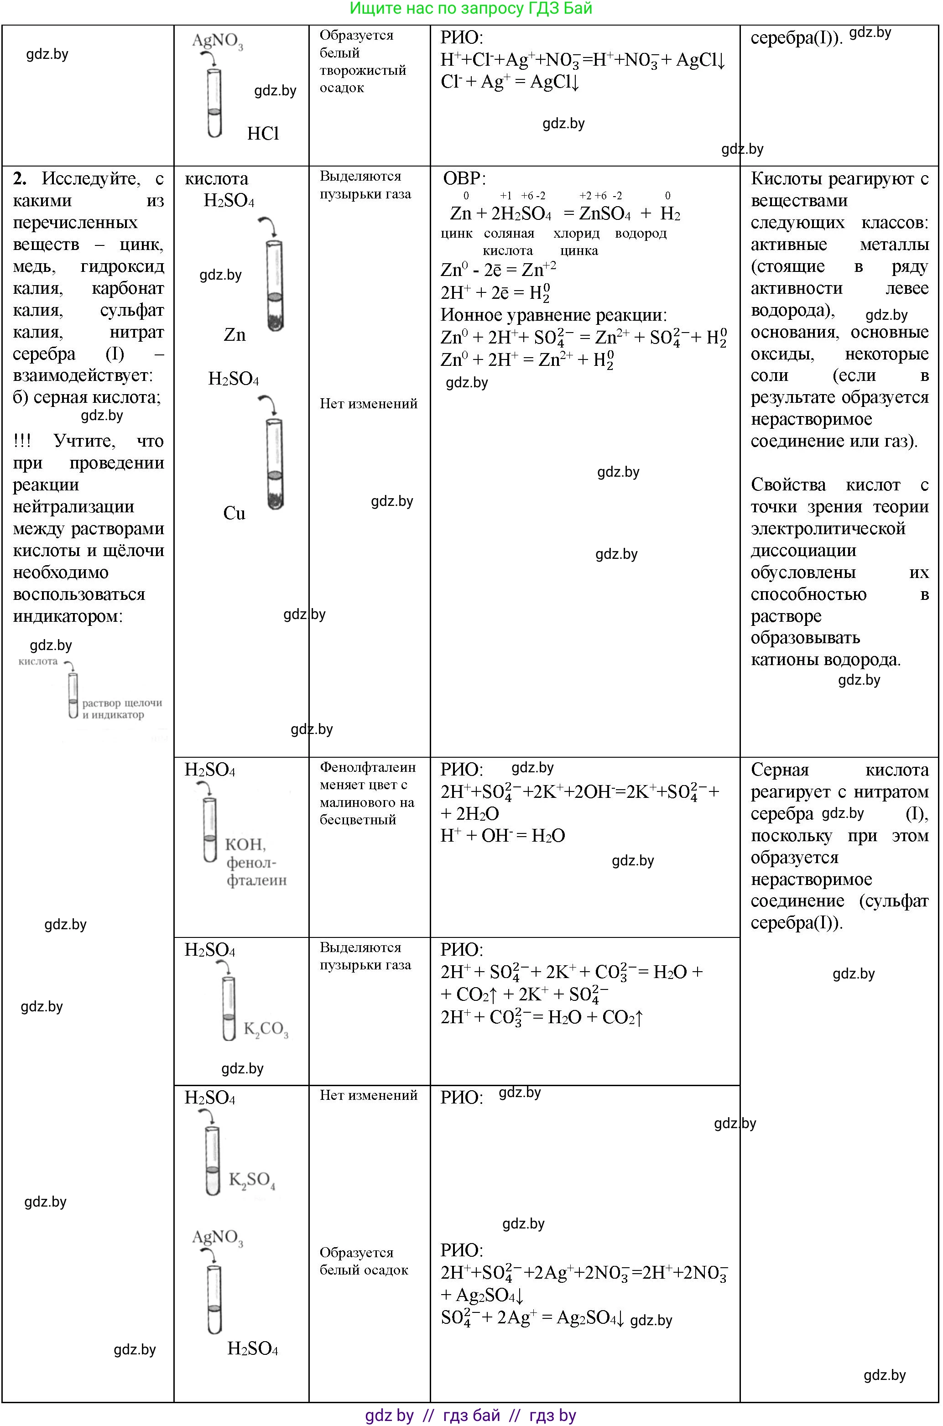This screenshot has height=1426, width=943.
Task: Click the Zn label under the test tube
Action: click(234, 334)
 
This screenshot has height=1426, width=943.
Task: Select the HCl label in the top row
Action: click(263, 134)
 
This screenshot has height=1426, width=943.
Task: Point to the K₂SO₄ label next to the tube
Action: click(252, 1180)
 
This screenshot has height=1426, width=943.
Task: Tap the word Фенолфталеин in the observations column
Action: click(367, 767)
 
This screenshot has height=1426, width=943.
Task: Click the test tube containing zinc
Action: click(274, 285)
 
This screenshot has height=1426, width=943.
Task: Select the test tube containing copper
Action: click(274, 463)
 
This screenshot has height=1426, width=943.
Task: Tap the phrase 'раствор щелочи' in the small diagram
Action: click(122, 703)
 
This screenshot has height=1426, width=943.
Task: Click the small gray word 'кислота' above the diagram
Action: click(38, 661)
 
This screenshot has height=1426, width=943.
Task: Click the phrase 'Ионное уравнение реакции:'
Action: click(553, 315)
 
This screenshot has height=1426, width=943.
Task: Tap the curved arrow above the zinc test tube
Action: click(268, 227)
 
